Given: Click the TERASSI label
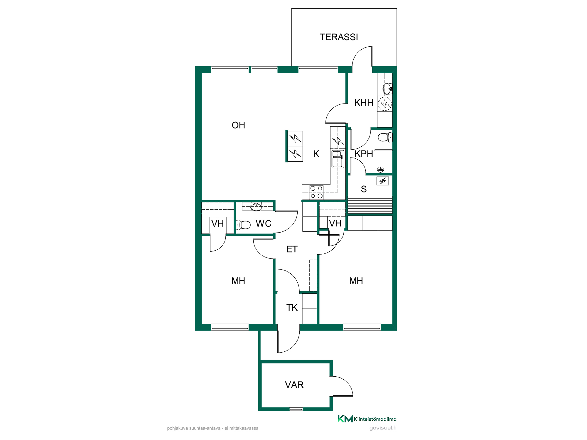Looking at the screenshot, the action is click(x=339, y=37).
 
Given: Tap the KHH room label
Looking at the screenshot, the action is click(x=364, y=103).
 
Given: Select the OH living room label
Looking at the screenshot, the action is click(x=238, y=125).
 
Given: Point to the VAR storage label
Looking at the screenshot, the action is click(x=294, y=385).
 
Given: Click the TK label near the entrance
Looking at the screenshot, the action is click(x=292, y=307).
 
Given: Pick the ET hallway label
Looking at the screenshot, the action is click(x=292, y=249).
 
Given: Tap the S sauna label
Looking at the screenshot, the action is click(x=364, y=189).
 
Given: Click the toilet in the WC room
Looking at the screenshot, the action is click(x=243, y=225).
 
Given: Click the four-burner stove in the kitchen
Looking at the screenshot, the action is click(x=317, y=192).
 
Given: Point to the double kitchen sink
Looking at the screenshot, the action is click(x=338, y=159).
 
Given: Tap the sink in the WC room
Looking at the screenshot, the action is click(x=256, y=207).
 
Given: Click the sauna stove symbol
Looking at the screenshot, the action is click(x=383, y=181).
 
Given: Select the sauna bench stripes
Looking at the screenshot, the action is click(x=370, y=204).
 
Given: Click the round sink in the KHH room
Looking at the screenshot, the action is click(x=387, y=89).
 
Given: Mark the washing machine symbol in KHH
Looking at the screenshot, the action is click(x=384, y=104).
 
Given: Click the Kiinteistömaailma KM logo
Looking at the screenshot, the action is click(x=367, y=419).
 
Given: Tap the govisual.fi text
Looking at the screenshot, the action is click(x=383, y=428).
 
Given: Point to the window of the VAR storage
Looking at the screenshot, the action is click(x=296, y=409).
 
